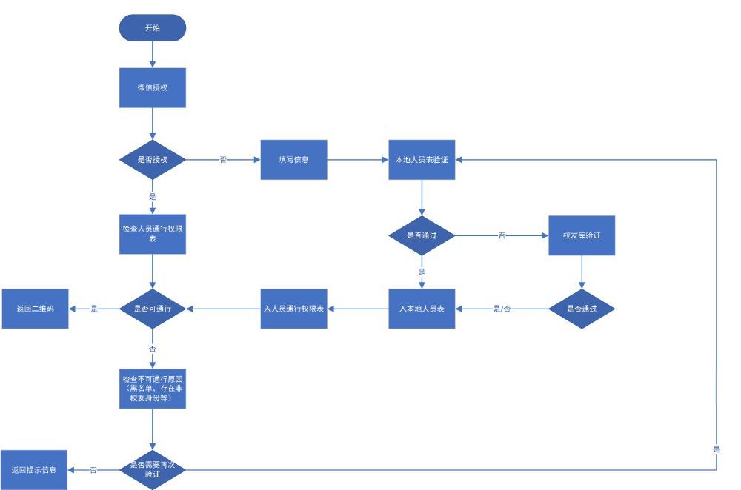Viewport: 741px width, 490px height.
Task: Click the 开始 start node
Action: click(x=152, y=27)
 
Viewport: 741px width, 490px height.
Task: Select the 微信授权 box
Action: click(x=152, y=87)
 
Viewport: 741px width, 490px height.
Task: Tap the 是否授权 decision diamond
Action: click(x=152, y=159)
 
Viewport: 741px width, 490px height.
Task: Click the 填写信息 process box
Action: click(x=293, y=159)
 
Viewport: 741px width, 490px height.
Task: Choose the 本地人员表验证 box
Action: click(x=422, y=159)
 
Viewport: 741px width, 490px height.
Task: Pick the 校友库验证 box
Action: click(x=582, y=235)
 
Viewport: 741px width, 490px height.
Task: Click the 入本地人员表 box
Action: click(x=422, y=307)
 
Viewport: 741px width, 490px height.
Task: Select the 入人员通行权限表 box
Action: click(x=293, y=307)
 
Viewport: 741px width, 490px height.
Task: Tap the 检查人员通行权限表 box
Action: click(x=152, y=235)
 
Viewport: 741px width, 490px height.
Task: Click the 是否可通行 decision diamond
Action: click(x=152, y=307)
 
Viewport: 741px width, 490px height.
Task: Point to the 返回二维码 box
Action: click(x=34, y=307)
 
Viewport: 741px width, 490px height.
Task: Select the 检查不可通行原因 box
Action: click(x=152, y=389)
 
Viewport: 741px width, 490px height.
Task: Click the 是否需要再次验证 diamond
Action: click(x=152, y=469)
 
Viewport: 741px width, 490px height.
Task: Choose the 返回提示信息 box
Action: click(x=34, y=469)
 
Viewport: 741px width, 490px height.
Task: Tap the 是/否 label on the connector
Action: click(x=502, y=308)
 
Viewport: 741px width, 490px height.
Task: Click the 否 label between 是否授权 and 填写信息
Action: click(x=223, y=160)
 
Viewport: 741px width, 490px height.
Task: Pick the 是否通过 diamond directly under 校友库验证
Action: click(x=582, y=307)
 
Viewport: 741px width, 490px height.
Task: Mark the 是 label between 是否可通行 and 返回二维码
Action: click(x=94, y=308)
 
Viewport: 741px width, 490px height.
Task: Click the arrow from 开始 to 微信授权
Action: click(x=152, y=54)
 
